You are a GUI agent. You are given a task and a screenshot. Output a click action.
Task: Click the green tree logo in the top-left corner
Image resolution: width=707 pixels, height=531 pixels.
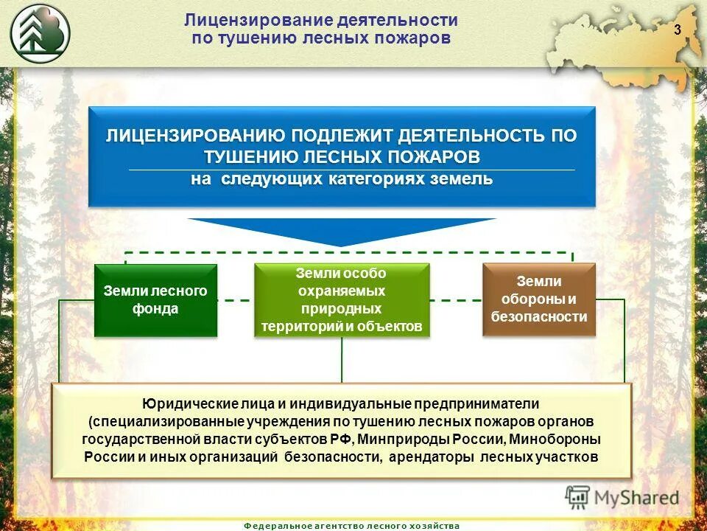pos(41,32)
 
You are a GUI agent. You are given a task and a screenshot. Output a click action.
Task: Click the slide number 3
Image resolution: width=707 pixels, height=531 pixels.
pos(676,29)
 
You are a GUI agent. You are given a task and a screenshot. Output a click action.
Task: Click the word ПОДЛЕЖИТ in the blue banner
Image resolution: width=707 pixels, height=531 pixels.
pos(341,136)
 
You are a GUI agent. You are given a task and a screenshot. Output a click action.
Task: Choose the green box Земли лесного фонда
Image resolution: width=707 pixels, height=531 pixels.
pos(155,300)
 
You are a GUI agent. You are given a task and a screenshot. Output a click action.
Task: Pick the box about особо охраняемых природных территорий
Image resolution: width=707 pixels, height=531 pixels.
pos(342,300)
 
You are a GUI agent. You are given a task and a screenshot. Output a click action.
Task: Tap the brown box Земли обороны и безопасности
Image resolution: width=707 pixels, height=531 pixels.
pos(538,299)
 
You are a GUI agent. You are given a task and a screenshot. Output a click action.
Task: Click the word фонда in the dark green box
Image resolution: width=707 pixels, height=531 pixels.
pos(155,309)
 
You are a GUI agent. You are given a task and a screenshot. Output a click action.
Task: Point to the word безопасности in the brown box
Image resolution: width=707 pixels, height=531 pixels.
pos(538,317)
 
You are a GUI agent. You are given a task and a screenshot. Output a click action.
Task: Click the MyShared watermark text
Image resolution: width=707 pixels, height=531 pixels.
pos(637,498)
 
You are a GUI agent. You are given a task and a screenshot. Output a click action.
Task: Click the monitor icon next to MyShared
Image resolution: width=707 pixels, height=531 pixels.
pos(578,497)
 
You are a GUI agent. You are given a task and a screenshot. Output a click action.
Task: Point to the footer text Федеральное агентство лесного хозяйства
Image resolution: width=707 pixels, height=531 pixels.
pos(351,525)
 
